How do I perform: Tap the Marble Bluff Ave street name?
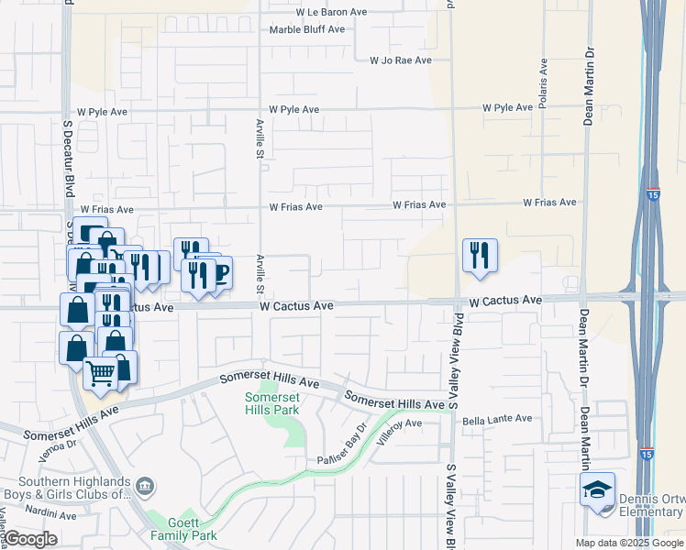(306, 29)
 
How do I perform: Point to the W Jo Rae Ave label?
(400, 60)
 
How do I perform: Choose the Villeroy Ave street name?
(396, 424)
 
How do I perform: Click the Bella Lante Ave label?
(497, 419)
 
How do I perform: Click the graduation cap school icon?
(597, 489)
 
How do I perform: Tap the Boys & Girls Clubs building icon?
(144, 485)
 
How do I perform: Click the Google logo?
(31, 539)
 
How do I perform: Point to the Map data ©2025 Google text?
(629, 543)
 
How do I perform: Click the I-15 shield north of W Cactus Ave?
(651, 195)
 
